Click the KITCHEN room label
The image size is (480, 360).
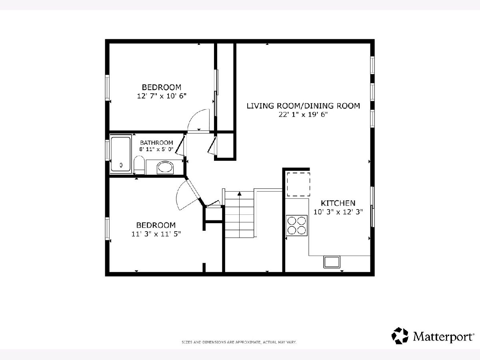pyautogui.click(x=338, y=203)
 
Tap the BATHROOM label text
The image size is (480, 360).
pyautogui.click(x=156, y=143)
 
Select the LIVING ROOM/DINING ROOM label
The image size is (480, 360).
pyautogui.click(x=303, y=106)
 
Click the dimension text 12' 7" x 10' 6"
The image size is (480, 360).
pyautogui.click(x=162, y=96)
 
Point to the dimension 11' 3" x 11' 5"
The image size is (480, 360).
pyautogui.click(x=156, y=234)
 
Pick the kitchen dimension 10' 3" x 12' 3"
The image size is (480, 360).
pyautogui.click(x=338, y=212)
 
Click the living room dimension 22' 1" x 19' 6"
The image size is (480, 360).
pyautogui.click(x=303, y=114)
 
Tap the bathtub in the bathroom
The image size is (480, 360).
pyautogui.click(x=121, y=154)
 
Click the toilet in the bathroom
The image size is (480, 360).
pyautogui.click(x=139, y=165)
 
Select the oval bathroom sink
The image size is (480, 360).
pyautogui.click(x=165, y=168)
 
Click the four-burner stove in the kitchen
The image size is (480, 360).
pyautogui.click(x=297, y=225)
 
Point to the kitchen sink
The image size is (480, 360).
pyautogui.click(x=332, y=262)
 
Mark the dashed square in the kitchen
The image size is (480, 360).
pyautogui.click(x=298, y=184)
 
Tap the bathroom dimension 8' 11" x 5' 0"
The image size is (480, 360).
pyautogui.click(x=156, y=149)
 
